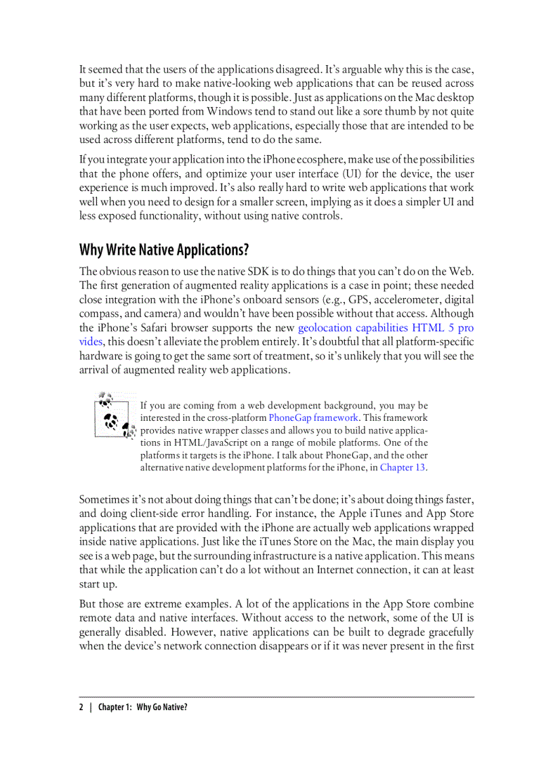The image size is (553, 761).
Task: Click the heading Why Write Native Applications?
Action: (164, 250)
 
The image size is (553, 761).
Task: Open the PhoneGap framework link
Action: (313, 417)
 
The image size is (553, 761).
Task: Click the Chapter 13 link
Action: (403, 467)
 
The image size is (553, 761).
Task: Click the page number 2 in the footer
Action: (81, 707)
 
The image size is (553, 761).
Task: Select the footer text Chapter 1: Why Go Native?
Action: (142, 707)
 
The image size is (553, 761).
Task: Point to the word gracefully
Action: (447, 632)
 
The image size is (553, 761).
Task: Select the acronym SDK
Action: (262, 271)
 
